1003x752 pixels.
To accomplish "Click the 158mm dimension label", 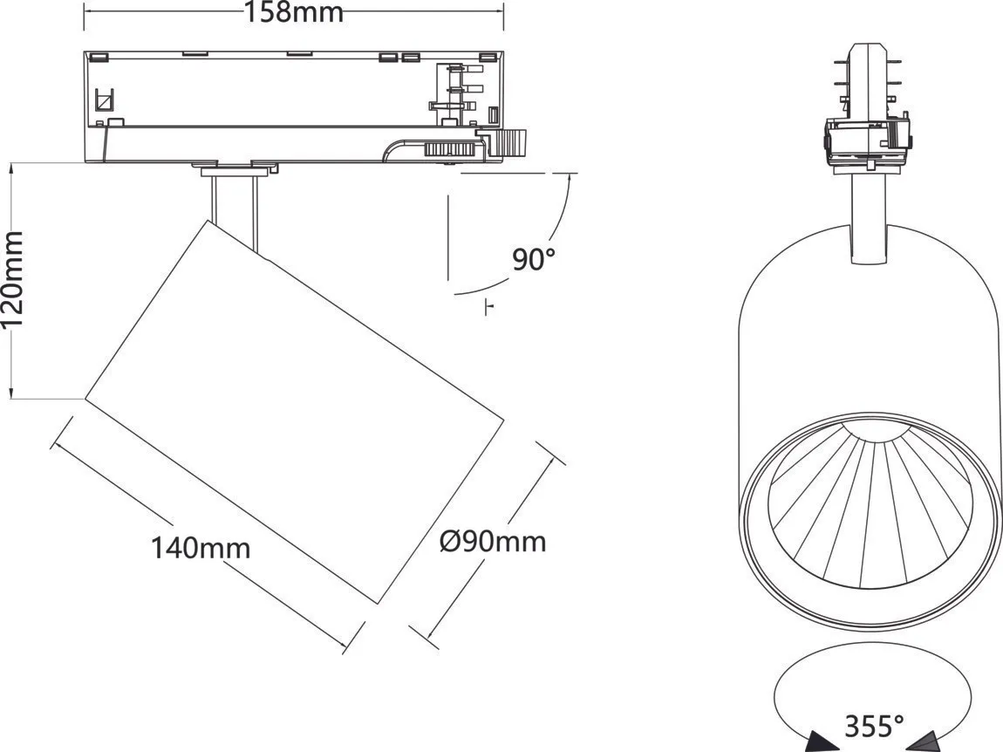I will click(294, 13).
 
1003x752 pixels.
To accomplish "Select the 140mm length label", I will click(201, 549).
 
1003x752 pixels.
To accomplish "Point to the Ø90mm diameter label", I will click(493, 542).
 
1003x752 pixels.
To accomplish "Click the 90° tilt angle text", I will click(533, 259).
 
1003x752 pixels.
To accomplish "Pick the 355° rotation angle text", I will click(874, 725).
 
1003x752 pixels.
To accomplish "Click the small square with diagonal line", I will click(104, 100).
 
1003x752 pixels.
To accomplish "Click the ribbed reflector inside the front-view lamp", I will click(869, 506).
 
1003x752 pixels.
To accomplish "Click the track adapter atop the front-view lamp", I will click(868, 140).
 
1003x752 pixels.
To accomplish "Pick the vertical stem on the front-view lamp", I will click(868, 218).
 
